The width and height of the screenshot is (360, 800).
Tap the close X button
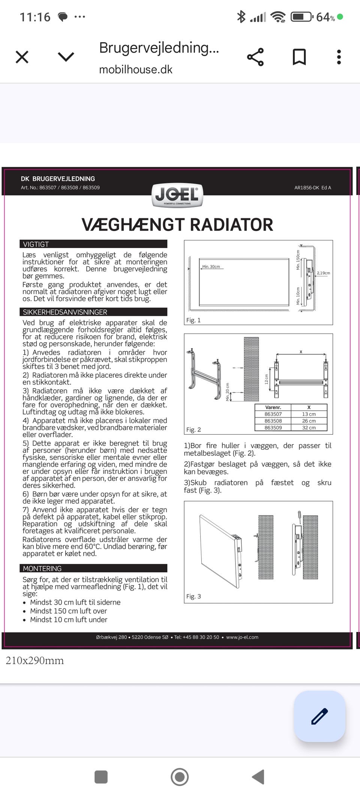click(22, 57)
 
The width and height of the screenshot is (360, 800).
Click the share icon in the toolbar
click(255, 57)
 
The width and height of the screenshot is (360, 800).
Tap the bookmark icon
click(299, 57)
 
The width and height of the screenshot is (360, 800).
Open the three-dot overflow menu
click(339, 57)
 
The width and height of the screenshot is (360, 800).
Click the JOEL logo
click(177, 195)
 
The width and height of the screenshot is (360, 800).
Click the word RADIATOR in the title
click(231, 225)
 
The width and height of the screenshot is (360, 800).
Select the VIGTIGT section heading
click(36, 244)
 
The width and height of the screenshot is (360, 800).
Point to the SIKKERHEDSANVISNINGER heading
click(65, 312)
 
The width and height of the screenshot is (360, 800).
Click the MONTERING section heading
click(42, 569)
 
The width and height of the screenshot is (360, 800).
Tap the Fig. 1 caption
click(193, 320)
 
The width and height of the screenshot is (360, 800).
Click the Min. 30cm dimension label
click(211, 267)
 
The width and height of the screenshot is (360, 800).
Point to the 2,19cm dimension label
click(323, 273)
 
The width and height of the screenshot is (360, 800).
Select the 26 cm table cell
click(309, 421)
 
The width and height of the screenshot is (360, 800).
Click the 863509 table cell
click(273, 428)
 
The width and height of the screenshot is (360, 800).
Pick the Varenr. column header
click(273, 407)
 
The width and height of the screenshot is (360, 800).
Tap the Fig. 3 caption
click(193, 596)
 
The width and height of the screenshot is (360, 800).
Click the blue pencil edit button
click(319, 716)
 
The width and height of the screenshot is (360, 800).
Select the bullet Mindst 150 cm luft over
click(68, 611)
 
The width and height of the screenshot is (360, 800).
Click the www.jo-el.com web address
click(242, 637)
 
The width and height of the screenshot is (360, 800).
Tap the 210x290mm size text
click(34, 660)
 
